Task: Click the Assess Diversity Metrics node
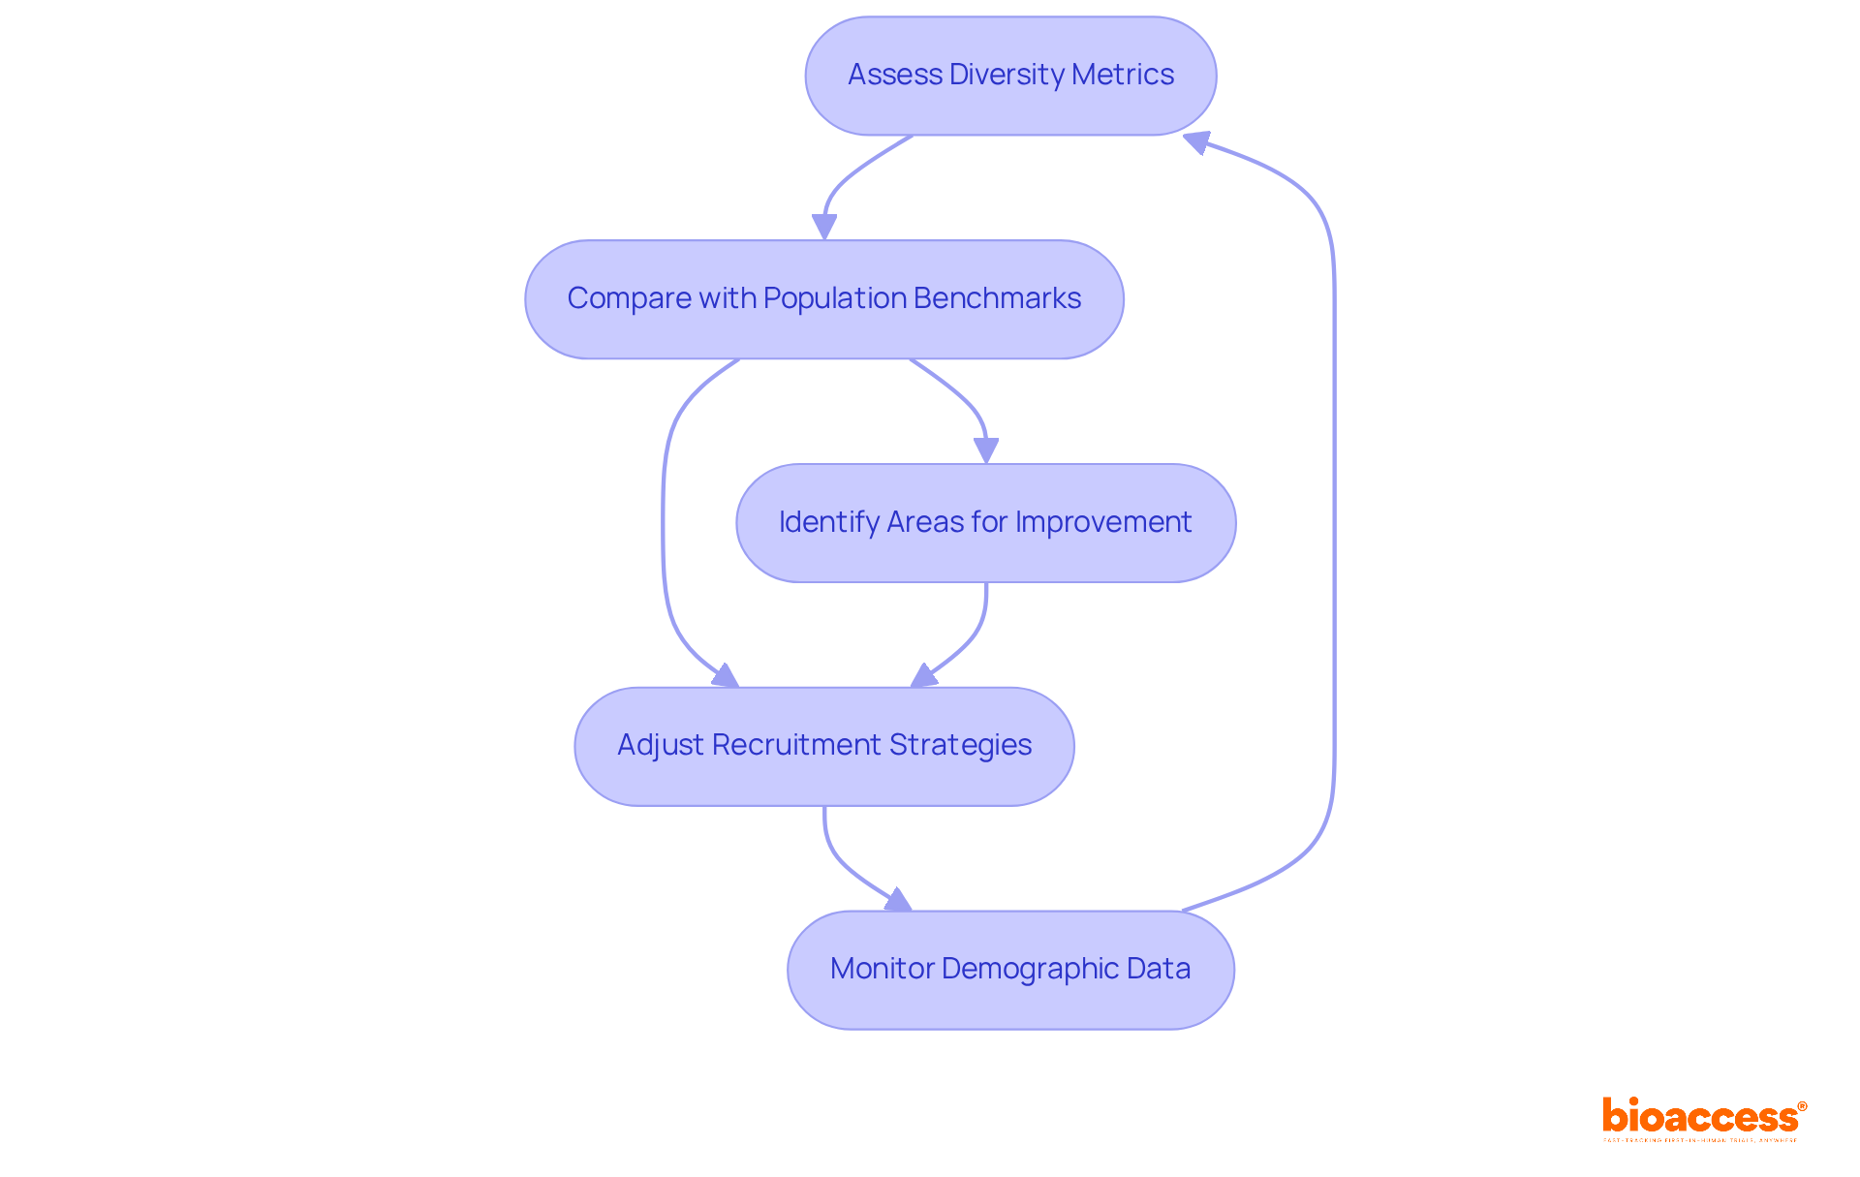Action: [1010, 76]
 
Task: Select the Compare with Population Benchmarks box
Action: [823, 299]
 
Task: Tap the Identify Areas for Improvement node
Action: [985, 523]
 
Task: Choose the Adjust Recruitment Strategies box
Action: [823, 746]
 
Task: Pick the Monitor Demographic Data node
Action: [1010, 970]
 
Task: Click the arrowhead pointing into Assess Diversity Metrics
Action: [1197, 142]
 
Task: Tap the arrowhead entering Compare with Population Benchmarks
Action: [824, 227]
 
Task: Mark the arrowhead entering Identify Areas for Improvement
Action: [986, 450]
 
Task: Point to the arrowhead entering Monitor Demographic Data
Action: [898, 900]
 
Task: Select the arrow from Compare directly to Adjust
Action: [664, 523]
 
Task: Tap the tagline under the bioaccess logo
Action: [1699, 1141]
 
